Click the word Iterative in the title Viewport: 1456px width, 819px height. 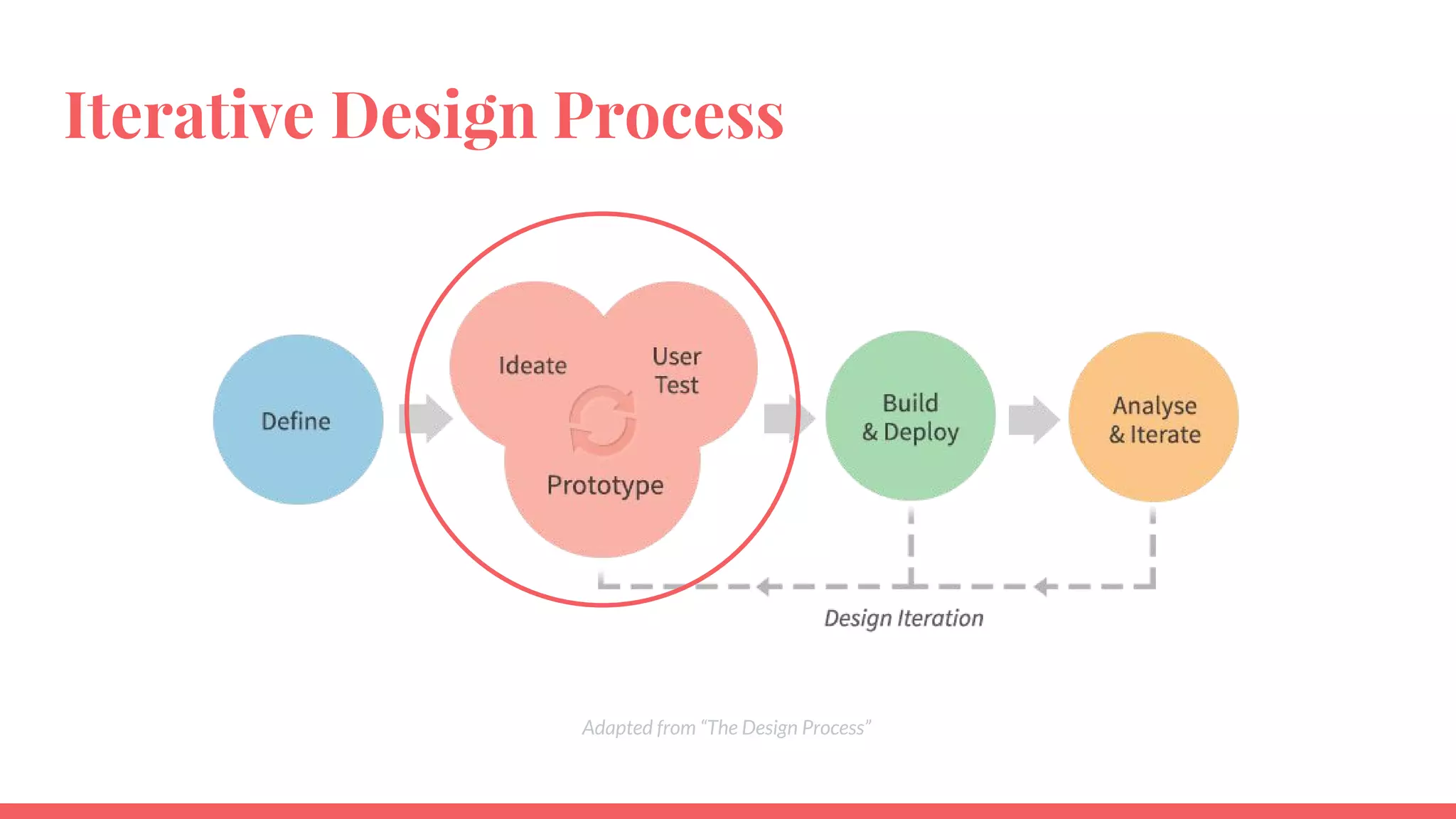coord(189,115)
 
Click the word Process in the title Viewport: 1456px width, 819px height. coord(668,115)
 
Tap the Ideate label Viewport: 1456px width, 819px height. coord(532,365)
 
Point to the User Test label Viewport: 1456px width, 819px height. coord(676,370)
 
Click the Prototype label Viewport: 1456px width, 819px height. coord(605,485)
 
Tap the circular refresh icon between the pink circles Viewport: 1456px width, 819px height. coord(602,421)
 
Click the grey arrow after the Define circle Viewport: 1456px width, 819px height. coord(426,418)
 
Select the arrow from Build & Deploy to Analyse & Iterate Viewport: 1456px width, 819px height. coord(1034,419)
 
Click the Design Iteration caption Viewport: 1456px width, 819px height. coord(904,619)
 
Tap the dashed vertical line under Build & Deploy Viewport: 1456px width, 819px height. coord(911,544)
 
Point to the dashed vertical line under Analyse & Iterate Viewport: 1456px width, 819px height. coord(1152,544)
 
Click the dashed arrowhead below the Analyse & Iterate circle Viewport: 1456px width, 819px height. coord(1042,587)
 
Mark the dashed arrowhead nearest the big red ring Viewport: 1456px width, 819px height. coord(765,587)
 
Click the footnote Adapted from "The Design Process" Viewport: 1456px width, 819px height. coord(727,728)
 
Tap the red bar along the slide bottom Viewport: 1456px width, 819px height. coord(728,811)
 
